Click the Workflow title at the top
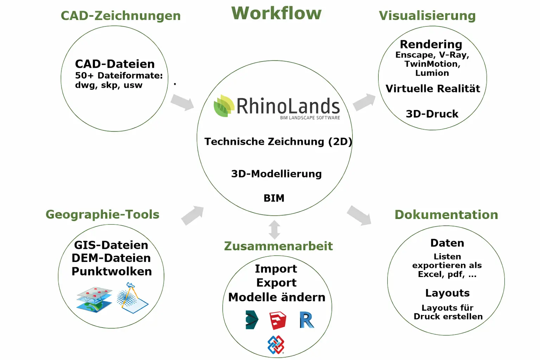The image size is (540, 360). pos(276,13)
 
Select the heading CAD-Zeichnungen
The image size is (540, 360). pos(121,16)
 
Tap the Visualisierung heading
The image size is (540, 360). pos(427,16)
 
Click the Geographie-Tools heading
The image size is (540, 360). pos(102,214)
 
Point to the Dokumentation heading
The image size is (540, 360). pos(446,215)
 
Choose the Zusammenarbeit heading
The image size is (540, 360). pos(278,246)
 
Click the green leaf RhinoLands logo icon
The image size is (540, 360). pos(224,106)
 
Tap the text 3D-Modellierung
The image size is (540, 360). pos(276,174)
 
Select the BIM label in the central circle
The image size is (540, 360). pos(274,198)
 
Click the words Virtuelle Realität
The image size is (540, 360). pos(433,89)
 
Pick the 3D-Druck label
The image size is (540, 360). pos(432,114)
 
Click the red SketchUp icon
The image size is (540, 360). pos(278,320)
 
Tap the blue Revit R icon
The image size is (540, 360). pos(307,320)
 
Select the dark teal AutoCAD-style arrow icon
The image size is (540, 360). pos(252,320)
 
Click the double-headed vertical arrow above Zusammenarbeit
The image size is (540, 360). pos(275,230)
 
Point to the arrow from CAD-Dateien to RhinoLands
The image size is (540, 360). pos(182,103)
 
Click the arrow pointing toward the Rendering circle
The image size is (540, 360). pos(364,102)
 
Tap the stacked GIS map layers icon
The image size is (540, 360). pos(94,300)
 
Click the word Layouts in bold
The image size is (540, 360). pos(447,293)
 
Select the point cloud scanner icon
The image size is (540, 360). pos(132,298)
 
